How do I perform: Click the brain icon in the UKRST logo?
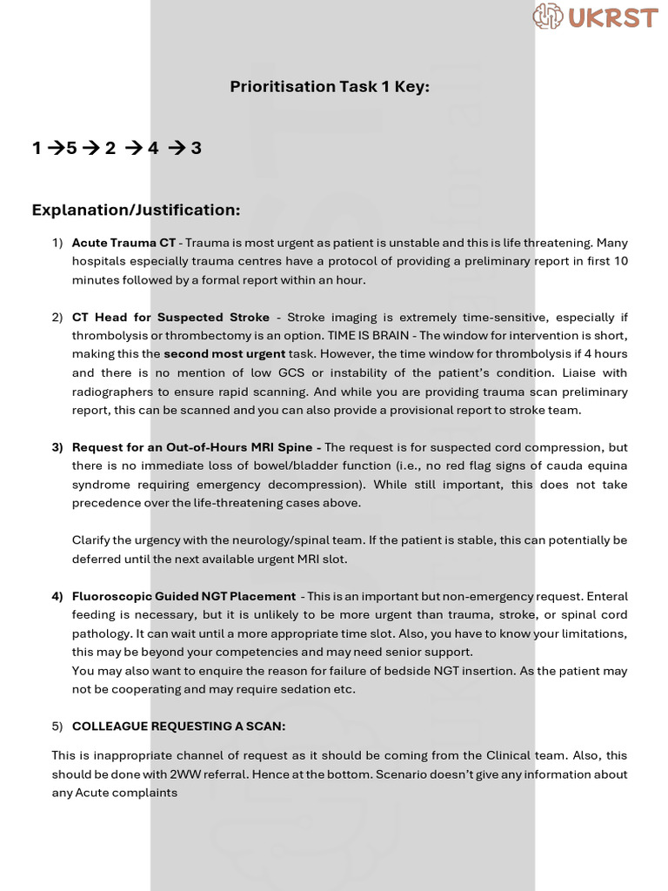[x=549, y=17]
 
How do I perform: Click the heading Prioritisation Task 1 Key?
[x=330, y=86]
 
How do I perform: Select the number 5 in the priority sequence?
[x=72, y=148]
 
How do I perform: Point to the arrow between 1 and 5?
[x=53, y=148]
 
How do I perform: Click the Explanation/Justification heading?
[x=136, y=210]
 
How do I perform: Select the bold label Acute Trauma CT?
[x=124, y=243]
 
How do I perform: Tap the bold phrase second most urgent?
[x=224, y=354]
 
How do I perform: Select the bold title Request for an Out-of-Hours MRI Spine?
[x=192, y=447]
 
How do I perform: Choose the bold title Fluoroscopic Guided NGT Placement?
[x=184, y=596]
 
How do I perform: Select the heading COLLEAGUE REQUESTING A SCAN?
[x=178, y=726]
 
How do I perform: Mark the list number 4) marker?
[x=57, y=596]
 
